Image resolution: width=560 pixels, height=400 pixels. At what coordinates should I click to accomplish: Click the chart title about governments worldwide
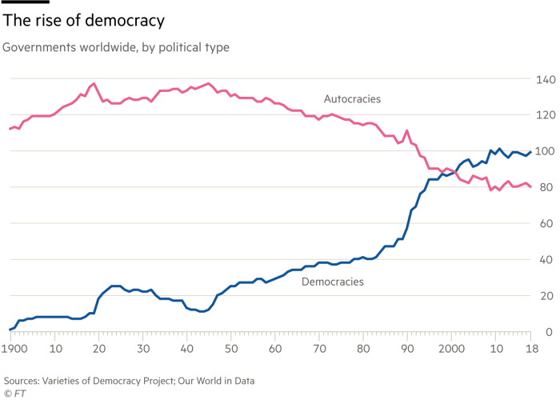click(x=116, y=48)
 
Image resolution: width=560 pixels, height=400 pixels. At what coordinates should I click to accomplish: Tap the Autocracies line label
click(x=352, y=100)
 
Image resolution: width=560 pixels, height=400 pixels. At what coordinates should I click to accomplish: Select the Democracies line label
click(x=333, y=282)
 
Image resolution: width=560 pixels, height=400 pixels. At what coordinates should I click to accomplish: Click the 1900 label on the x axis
click(x=14, y=350)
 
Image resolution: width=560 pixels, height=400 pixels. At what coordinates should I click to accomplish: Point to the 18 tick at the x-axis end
click(x=530, y=350)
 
